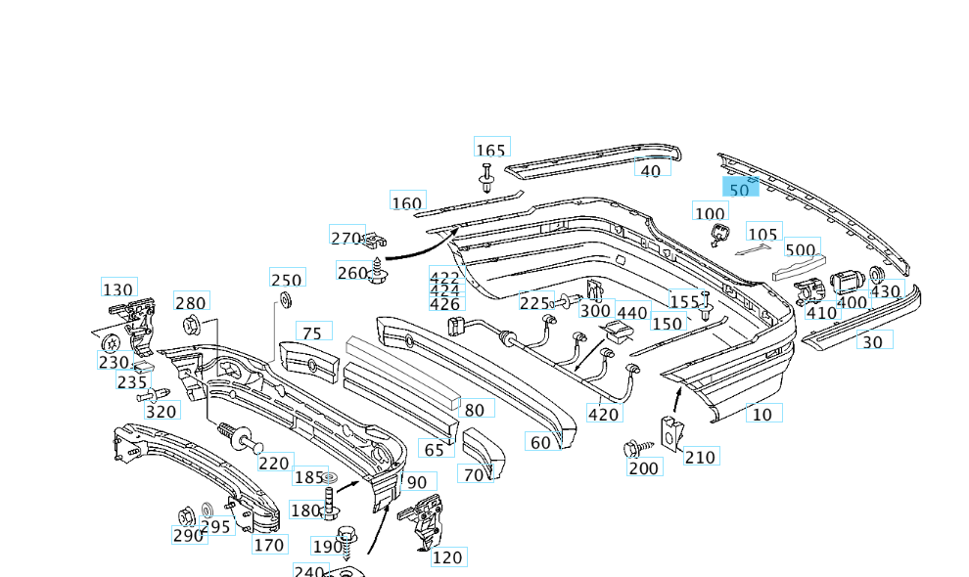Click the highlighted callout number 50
740,189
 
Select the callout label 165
490,150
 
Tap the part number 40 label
650,170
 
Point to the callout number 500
800,249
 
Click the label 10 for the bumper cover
762,414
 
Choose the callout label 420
603,414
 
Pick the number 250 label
287,281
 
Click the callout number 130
118,289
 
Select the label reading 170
268,545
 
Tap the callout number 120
446,557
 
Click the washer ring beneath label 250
286,299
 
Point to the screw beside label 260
377,272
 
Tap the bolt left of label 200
632,450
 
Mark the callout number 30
871,341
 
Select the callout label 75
310,333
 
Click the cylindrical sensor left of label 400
845,283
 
